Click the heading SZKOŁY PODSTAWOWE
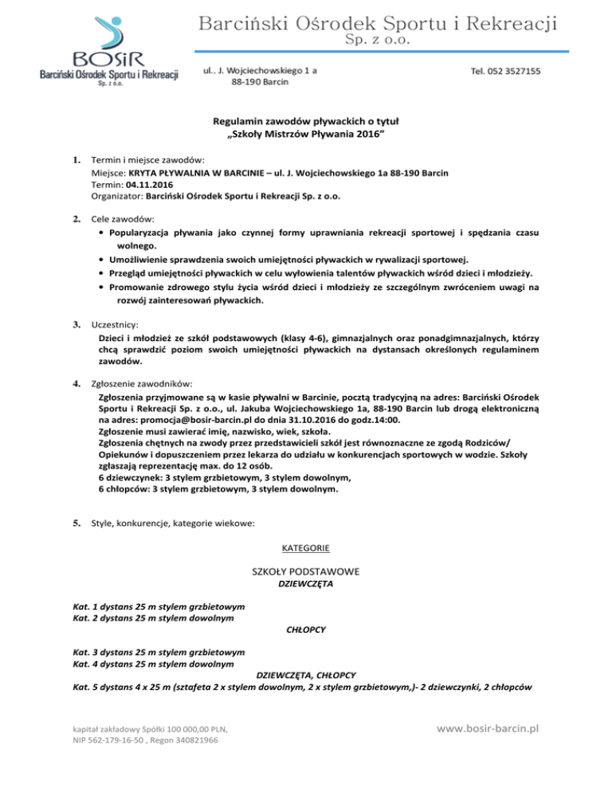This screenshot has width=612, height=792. (x=306, y=571)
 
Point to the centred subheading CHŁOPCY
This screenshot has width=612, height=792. (x=306, y=629)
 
